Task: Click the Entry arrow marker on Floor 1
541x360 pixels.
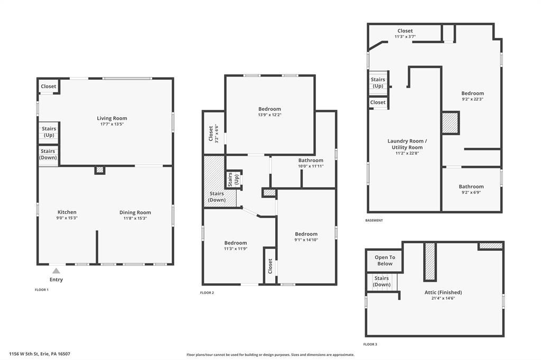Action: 56,271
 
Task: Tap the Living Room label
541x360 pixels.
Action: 112,118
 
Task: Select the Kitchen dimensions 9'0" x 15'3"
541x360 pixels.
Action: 67,218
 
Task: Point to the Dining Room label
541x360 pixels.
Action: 135,212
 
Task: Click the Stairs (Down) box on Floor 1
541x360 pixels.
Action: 48,155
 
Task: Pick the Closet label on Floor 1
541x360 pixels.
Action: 48,86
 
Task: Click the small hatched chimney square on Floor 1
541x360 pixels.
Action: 100,170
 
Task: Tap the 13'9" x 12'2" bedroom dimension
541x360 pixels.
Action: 270,115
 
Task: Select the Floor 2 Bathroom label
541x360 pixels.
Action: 311,160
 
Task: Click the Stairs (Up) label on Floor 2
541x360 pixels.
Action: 233,179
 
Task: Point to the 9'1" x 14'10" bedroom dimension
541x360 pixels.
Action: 306,240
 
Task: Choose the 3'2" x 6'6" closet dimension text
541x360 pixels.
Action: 217,134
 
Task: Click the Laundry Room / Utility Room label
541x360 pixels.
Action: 407,144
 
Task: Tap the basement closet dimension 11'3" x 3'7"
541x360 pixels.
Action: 405,36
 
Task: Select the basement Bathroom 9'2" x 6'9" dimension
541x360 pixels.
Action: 471,193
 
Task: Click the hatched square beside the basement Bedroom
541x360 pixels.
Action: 451,123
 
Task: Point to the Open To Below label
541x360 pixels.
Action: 385,260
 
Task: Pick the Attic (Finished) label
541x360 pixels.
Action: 443,292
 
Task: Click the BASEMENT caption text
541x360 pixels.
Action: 374,220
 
